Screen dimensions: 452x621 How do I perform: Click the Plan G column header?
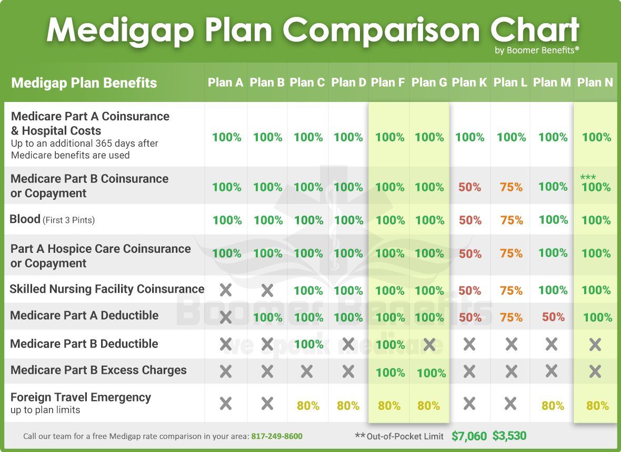[x=429, y=83]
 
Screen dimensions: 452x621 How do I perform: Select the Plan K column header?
[x=469, y=83]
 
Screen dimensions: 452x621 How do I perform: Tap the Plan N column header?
[x=595, y=83]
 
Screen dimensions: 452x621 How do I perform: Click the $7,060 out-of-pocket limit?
[x=469, y=436]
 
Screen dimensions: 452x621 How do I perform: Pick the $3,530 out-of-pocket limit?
[x=509, y=436]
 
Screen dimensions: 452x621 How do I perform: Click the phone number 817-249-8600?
[x=277, y=436]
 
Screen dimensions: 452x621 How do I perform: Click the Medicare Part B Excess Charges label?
[x=98, y=370]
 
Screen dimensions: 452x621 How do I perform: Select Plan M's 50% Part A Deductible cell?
[x=553, y=317]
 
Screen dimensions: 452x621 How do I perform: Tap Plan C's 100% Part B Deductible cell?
[x=308, y=344]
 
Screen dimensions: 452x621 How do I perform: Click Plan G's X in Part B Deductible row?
[x=429, y=344]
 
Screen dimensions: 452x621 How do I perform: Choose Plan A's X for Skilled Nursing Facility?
[x=226, y=290]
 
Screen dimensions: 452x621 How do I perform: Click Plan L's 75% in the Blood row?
[x=512, y=220]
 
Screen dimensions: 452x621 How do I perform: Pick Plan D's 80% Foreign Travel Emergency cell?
[x=348, y=406]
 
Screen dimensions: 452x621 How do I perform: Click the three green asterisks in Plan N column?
[x=588, y=178]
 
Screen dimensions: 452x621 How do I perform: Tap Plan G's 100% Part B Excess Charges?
[x=431, y=373]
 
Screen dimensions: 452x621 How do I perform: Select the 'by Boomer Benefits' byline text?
[x=537, y=50]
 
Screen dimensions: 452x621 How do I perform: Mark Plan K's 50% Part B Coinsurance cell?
[x=470, y=187]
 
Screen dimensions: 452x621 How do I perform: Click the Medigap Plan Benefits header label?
[x=84, y=83]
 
